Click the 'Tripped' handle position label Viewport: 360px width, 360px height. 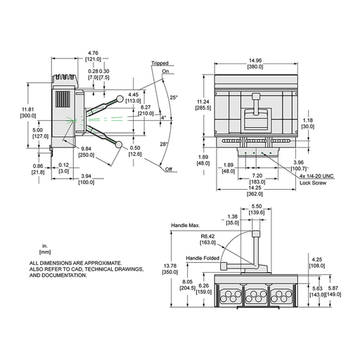160,63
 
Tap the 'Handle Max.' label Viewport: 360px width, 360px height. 186,225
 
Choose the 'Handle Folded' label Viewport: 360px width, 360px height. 202,258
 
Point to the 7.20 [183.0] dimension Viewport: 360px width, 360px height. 256,179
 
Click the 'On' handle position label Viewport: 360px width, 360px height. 166,71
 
